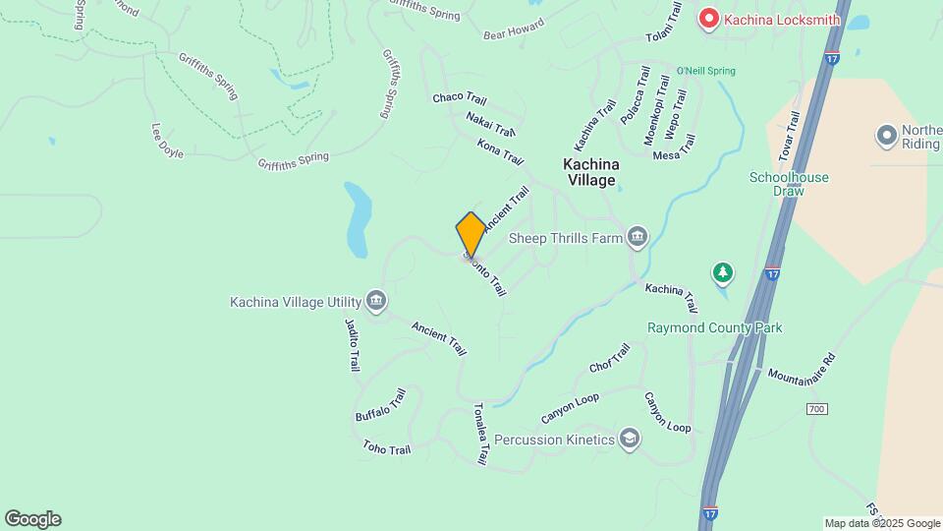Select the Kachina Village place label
pos(589,172)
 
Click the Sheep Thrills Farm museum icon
pos(638,236)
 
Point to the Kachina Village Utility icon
pos(374,301)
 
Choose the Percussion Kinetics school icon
pos(630,440)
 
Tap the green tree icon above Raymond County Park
pos(723,271)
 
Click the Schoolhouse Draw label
pos(789,184)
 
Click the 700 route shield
pos(815,408)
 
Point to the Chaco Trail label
pos(459,98)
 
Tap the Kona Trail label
pos(500,151)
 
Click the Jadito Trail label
pos(353,343)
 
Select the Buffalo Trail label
pos(380,405)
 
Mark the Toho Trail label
pos(386,448)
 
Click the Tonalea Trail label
pos(480,433)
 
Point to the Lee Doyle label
pos(167,141)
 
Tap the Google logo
pos(32,519)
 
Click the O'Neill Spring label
pos(705,71)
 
